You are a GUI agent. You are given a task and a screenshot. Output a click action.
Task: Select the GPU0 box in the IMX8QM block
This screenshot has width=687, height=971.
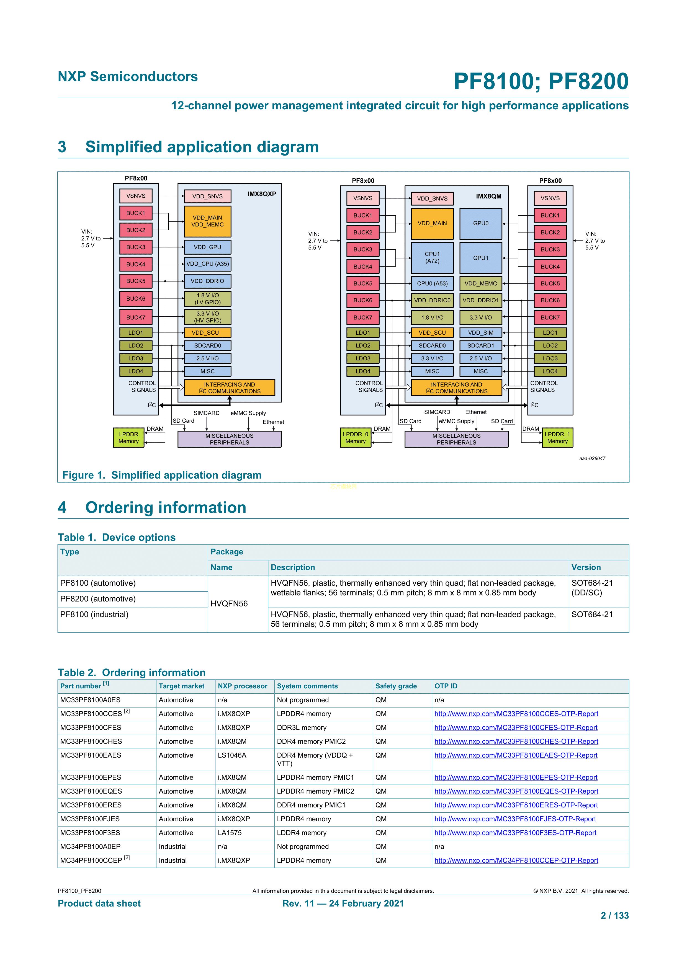[480, 224]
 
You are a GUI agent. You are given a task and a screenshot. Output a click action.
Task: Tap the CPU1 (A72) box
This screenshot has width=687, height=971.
[432, 257]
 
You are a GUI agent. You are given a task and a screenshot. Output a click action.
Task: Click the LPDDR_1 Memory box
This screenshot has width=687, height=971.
[557, 438]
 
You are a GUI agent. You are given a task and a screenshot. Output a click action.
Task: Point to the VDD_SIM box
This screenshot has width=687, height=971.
[480, 333]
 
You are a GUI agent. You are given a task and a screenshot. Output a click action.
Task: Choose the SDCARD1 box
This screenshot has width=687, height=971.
[480, 345]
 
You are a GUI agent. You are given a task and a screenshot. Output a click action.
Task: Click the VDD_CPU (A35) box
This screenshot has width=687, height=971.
[207, 264]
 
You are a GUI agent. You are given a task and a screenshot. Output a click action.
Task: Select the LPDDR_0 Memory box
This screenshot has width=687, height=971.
[355, 438]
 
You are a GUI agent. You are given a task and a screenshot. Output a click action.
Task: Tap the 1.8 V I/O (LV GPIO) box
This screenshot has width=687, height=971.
[207, 299]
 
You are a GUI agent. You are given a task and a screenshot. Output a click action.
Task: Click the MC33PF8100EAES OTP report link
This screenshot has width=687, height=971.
[516, 755]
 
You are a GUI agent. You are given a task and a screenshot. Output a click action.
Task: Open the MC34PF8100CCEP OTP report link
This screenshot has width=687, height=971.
[516, 860]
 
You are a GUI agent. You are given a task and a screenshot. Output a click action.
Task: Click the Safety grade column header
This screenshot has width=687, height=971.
[396, 686]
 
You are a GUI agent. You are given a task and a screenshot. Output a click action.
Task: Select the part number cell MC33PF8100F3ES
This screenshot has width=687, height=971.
[90, 833]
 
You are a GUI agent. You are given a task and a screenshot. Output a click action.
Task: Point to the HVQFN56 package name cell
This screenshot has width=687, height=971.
[229, 603]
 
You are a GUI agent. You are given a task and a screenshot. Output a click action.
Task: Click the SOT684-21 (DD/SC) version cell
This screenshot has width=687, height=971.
[592, 588]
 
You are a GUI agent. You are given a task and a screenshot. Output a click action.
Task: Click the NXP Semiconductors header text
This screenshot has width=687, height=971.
[128, 77]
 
